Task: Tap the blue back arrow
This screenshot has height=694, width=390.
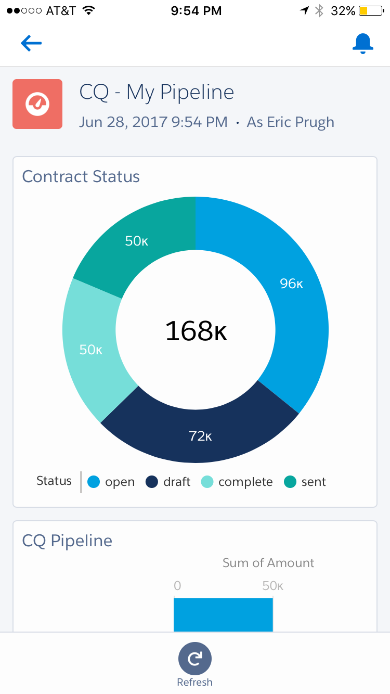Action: pos(31,44)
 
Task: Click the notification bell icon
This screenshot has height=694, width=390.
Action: pos(362,44)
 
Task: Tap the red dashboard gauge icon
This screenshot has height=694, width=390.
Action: pos(37,104)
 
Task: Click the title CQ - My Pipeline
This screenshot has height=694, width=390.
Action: pos(157,93)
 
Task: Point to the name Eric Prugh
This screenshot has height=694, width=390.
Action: pos(290,122)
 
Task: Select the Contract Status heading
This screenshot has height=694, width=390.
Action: pos(81,177)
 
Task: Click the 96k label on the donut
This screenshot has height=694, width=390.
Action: pos(291,284)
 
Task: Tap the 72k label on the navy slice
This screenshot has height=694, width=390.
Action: pos(200,436)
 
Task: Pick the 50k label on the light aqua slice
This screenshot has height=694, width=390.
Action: pos(90,350)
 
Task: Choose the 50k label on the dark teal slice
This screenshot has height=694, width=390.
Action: pos(137,241)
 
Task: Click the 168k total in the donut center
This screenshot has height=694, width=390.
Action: pos(196,331)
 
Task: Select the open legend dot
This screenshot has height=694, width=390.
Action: pos(94,482)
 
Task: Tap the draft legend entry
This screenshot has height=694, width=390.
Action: pos(168,482)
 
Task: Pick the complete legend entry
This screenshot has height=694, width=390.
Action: pos(237,482)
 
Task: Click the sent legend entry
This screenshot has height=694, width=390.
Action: pos(305,482)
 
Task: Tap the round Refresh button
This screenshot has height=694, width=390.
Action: pos(195,659)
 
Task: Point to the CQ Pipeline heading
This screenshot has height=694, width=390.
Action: pos(67,541)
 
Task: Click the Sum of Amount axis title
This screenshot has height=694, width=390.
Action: pos(268,563)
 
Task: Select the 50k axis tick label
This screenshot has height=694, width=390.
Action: pos(272,586)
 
